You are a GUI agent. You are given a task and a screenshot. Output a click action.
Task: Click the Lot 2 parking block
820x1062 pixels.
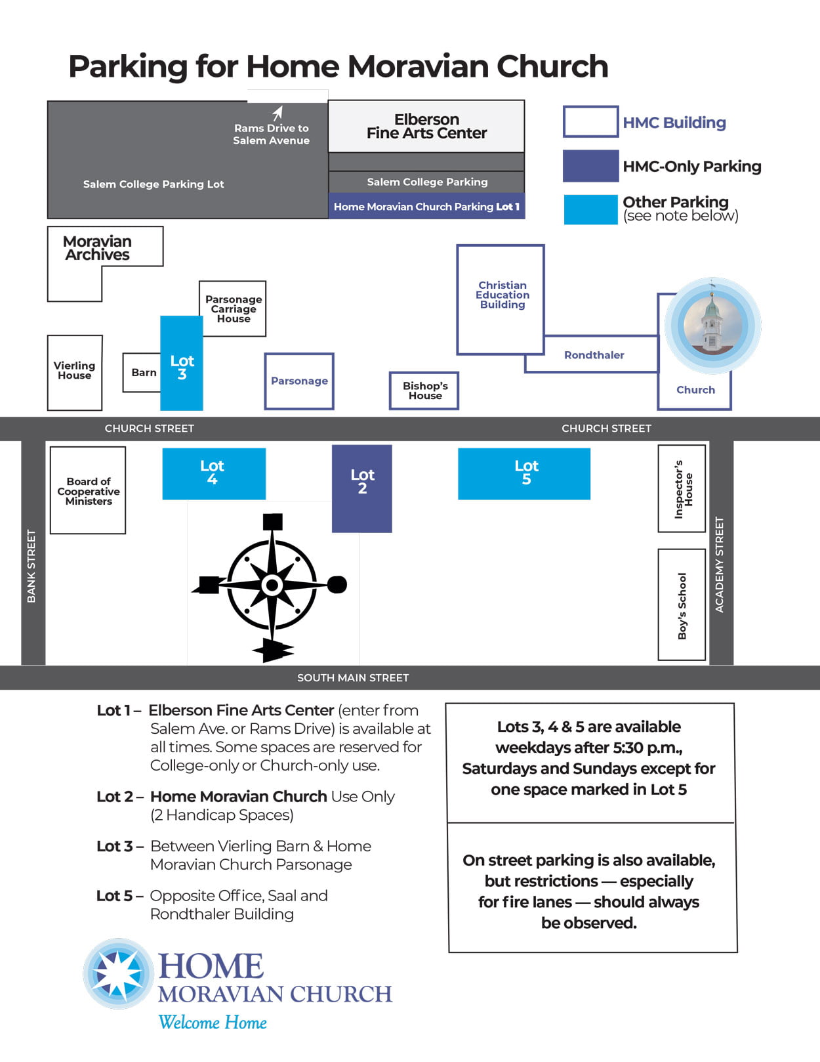point(361,488)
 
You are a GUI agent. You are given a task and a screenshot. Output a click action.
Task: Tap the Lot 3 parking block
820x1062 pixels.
point(182,363)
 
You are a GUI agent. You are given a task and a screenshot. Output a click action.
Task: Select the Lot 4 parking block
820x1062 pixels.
point(214,473)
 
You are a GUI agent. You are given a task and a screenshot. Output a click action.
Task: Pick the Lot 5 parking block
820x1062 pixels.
point(524,473)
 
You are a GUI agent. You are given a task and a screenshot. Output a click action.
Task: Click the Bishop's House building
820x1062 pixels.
point(424,391)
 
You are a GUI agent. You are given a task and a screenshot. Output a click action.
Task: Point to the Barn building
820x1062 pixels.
point(142,372)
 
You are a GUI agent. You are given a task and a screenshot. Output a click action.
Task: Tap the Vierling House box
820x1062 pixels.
point(75,372)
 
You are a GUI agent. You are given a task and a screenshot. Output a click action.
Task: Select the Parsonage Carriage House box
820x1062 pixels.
point(233,308)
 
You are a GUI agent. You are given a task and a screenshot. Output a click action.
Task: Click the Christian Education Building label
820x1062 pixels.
point(502,295)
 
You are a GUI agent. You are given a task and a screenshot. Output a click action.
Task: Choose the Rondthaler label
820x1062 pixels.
point(594,355)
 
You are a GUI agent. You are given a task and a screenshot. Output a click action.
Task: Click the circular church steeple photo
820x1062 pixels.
point(712,326)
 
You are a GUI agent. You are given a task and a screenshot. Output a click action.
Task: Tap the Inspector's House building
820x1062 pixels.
point(682,488)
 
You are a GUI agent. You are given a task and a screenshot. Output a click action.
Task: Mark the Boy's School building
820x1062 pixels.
point(682,605)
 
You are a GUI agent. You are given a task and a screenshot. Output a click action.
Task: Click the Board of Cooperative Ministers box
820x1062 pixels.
point(88,490)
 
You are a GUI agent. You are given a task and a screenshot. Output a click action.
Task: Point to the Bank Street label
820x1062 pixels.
point(31,566)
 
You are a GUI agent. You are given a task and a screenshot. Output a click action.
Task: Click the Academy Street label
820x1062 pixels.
point(720,564)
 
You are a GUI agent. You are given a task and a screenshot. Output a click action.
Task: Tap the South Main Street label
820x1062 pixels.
point(353,677)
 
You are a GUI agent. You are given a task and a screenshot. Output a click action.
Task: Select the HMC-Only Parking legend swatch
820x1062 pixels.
point(590,165)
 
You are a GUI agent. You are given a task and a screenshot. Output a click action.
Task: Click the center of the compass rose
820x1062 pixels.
point(272,584)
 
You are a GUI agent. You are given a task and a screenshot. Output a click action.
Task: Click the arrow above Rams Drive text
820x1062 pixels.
point(277,113)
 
